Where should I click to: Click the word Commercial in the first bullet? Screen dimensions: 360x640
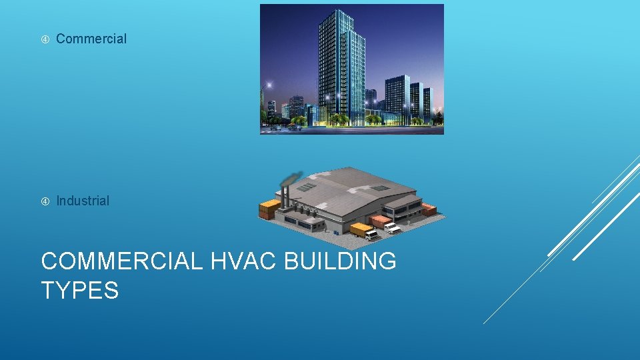[91, 39]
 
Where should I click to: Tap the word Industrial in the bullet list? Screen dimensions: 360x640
[83, 201]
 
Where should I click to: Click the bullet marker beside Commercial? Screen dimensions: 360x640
[45, 39]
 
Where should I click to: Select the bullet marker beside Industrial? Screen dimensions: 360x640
[45, 201]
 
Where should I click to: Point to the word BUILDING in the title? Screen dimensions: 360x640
[340, 261]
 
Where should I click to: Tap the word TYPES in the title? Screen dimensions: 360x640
[80, 290]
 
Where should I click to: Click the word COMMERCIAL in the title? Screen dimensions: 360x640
[121, 261]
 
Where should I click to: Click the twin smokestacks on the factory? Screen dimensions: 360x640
[285, 197]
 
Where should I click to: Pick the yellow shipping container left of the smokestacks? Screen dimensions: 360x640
[269, 209]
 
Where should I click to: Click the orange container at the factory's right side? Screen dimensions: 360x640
[429, 209]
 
